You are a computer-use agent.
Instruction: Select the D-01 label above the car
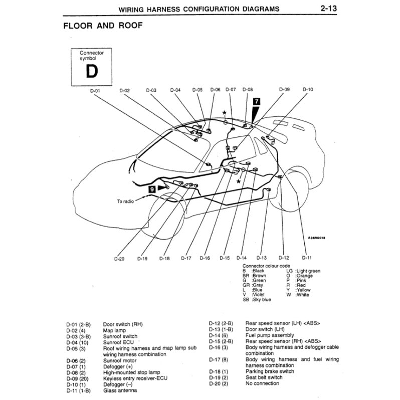tap(95, 90)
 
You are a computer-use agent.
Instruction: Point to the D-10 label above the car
tap(308, 90)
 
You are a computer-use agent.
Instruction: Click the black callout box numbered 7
tap(257, 101)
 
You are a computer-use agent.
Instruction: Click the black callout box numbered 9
tap(152, 189)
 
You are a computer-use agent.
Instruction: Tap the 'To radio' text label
tap(126, 202)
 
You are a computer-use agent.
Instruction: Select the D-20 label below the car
tap(118, 259)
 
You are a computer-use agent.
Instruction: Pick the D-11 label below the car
tap(307, 258)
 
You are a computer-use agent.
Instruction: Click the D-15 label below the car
tap(225, 258)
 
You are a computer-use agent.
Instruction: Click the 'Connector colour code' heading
tap(266, 265)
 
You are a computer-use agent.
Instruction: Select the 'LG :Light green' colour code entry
tap(303, 271)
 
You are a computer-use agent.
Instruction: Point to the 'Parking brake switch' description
tap(270, 371)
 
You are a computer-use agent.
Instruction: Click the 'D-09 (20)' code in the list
tap(77, 378)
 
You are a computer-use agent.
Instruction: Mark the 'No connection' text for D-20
tap(262, 383)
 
